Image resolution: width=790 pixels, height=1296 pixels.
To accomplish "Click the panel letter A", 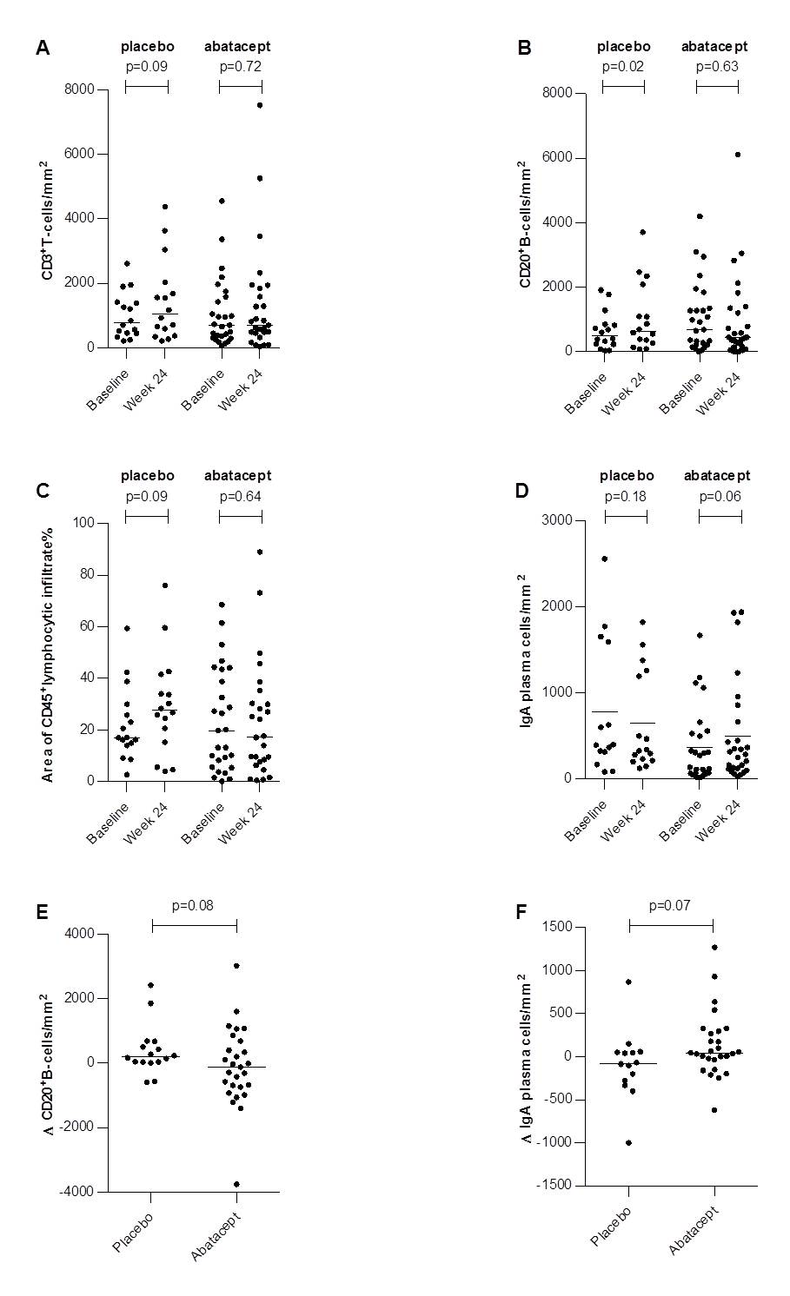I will [x=43, y=48].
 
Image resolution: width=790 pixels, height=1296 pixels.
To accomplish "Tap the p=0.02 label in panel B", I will [x=622, y=66].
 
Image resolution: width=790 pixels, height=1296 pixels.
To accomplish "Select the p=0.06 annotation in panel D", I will [x=720, y=497].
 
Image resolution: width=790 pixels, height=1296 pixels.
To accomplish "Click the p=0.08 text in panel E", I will [x=193, y=905].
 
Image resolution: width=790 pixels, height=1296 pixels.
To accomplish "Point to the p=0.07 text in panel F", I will [x=670, y=905].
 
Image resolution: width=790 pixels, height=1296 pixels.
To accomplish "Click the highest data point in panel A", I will [x=260, y=105].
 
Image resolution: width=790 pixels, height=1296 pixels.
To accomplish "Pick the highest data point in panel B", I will [x=738, y=155].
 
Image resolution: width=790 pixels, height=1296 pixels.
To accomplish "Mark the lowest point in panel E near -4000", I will [x=236, y=1184].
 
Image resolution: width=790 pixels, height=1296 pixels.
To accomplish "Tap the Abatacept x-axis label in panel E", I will [x=216, y=1233].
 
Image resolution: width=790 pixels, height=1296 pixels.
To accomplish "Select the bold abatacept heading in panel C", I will [x=237, y=475].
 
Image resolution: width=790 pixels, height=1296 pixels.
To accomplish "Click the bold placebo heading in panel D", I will [x=627, y=475].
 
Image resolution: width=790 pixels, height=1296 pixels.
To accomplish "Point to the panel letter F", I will [x=521, y=912].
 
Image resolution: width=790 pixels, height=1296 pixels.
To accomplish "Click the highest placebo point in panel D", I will [x=605, y=559].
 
